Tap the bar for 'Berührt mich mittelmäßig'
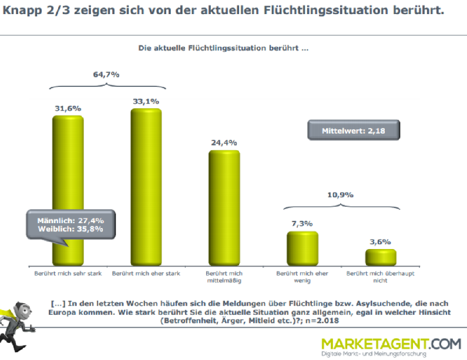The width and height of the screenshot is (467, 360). [x=224, y=208]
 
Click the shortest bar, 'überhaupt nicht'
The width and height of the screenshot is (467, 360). [x=380, y=258]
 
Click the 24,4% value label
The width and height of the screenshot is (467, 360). [x=224, y=142]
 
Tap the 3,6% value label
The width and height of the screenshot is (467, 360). [x=380, y=241]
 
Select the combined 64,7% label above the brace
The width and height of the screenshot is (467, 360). [x=107, y=75]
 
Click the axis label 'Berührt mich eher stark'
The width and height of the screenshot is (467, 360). [x=146, y=273]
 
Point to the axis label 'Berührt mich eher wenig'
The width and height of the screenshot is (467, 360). [x=302, y=277]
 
